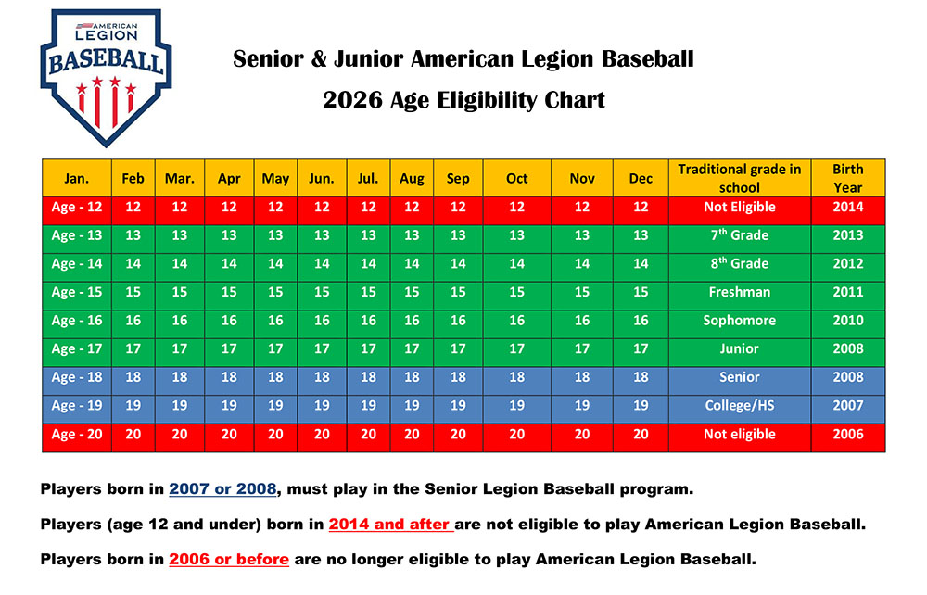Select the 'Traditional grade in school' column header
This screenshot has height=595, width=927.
point(739,178)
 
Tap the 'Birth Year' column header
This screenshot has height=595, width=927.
point(847,178)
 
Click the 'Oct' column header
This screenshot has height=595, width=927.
point(516,179)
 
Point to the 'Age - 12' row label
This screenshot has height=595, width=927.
point(77,207)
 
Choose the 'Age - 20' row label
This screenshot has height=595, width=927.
point(77,434)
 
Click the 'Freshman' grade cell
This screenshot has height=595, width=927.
point(739,292)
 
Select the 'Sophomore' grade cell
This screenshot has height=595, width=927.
point(739,321)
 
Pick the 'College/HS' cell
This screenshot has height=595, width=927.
point(739,405)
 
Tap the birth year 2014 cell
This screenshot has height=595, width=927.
point(847,207)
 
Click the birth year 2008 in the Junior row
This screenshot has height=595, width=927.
point(847,348)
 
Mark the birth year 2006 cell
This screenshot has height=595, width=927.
point(847,434)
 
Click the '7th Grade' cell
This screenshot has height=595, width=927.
point(739,235)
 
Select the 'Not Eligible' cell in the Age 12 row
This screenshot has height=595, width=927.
point(739,207)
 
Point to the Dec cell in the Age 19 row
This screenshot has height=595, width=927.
point(641,405)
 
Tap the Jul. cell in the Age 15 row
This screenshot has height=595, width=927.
point(368,292)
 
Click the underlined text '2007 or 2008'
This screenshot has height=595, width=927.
point(229,488)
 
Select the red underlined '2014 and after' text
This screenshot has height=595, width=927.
point(390,524)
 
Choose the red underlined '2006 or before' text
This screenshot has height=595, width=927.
point(229,559)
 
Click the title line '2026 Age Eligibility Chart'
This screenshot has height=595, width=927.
point(463,100)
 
